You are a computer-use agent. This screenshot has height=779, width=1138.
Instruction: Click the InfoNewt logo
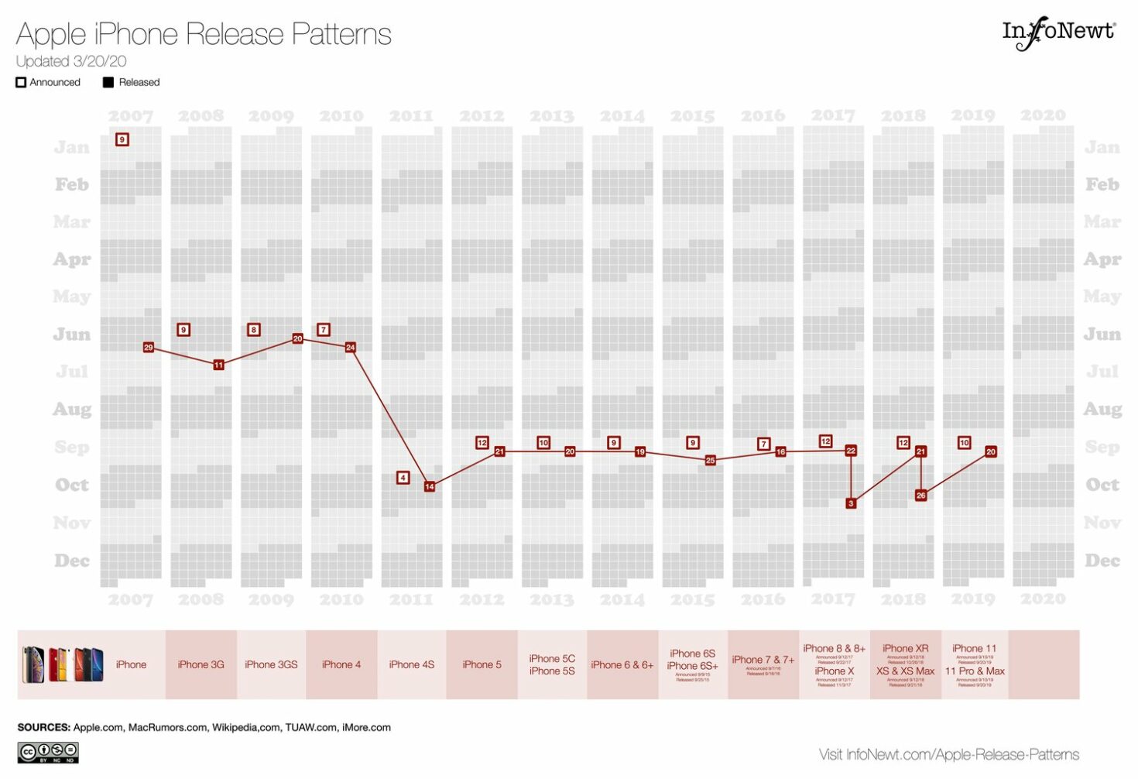tap(1058, 33)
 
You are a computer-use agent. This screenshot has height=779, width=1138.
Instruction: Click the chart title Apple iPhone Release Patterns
tap(204, 34)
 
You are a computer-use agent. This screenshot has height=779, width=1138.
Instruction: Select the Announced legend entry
tap(48, 82)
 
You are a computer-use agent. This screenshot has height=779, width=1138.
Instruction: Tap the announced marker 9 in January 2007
tap(122, 139)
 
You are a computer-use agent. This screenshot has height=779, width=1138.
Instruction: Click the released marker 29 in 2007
tap(148, 347)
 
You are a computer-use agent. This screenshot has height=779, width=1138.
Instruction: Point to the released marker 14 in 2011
tap(430, 486)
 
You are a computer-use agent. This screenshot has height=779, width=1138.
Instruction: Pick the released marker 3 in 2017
tap(851, 503)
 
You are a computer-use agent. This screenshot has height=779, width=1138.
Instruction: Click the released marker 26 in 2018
tap(920, 495)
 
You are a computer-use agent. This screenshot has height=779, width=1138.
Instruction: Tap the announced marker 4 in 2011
tap(403, 478)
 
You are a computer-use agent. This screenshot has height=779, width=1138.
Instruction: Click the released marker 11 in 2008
tap(218, 365)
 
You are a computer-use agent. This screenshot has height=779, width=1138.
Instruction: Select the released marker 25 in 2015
tap(710, 460)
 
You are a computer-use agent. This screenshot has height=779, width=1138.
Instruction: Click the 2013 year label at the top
tap(551, 116)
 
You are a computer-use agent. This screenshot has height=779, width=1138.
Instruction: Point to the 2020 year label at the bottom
tap(1043, 599)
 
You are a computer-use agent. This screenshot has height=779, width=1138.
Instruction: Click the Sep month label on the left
tap(72, 447)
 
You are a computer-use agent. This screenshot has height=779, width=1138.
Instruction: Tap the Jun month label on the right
tap(1102, 334)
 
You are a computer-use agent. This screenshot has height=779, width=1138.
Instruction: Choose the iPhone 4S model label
tap(411, 664)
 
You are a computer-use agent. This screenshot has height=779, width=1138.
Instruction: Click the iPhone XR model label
tap(905, 648)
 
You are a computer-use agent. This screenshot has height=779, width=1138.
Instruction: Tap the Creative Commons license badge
tap(48, 752)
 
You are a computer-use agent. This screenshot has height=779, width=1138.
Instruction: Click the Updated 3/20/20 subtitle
tap(71, 61)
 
